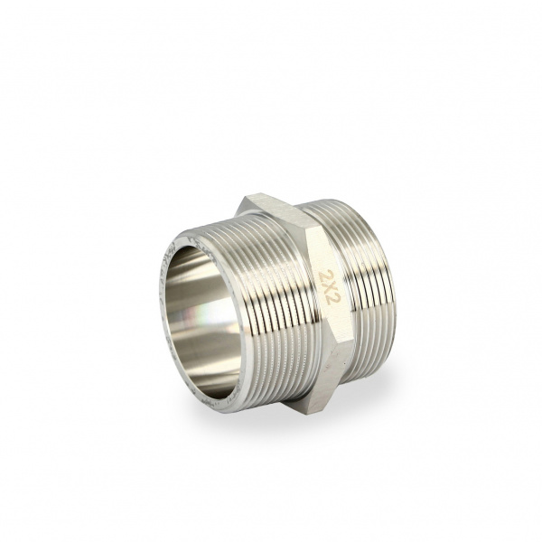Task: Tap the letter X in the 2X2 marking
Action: click(328, 288)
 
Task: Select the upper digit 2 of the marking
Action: click(325, 275)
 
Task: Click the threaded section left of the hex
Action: click(263, 308)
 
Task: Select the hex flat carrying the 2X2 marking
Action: click(329, 287)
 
